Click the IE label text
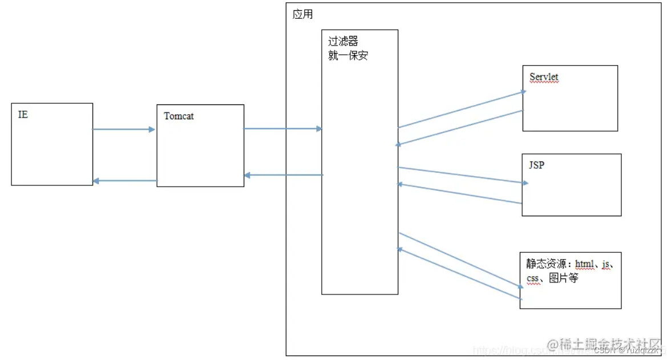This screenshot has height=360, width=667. [x=23, y=115]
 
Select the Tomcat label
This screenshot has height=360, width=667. [x=179, y=116]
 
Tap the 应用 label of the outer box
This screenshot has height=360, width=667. [x=302, y=14]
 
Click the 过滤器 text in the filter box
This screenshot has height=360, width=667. [x=343, y=42]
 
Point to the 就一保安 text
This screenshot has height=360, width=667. [x=348, y=56]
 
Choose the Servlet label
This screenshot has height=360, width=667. [x=544, y=77]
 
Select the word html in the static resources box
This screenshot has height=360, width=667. [x=584, y=264]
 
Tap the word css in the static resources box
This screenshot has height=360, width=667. [x=533, y=279]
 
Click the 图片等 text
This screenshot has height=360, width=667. [x=563, y=279]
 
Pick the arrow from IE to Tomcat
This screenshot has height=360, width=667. [x=124, y=130]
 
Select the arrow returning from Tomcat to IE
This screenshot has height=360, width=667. [x=124, y=181]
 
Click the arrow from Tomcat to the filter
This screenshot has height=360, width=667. [x=283, y=129]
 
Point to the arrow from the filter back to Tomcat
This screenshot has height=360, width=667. [x=284, y=175]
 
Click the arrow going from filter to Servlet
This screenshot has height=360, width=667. [x=461, y=109]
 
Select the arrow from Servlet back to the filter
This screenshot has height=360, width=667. [x=460, y=128]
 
